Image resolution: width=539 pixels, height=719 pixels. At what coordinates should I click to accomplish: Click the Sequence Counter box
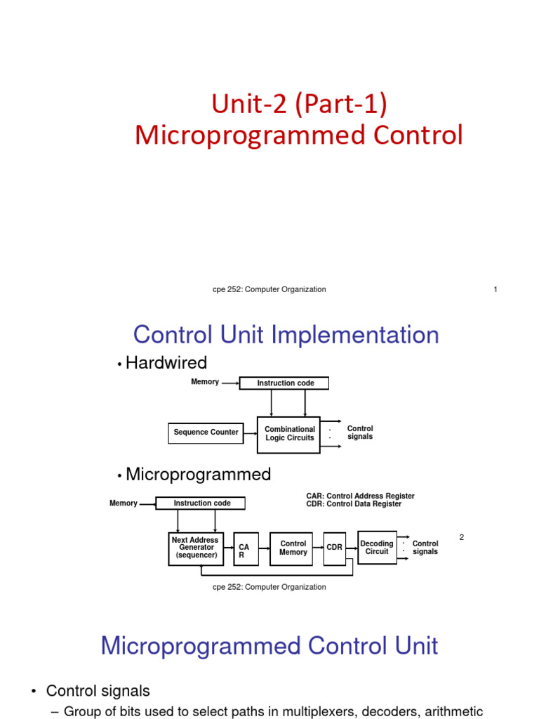click(206, 433)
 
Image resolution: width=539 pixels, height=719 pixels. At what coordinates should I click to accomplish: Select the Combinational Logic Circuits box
click(289, 434)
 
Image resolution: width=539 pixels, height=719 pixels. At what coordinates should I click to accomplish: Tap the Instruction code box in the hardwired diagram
click(284, 383)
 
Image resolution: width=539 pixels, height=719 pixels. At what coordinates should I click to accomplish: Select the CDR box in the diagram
click(334, 548)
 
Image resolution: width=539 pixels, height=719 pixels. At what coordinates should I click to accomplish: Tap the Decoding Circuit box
click(377, 548)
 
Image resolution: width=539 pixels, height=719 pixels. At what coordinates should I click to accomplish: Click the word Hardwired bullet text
click(166, 363)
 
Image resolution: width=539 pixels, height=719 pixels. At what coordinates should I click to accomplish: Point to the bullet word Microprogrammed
click(198, 475)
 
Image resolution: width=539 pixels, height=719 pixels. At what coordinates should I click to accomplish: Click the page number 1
click(495, 289)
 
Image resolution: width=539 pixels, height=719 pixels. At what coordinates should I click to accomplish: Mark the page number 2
click(462, 537)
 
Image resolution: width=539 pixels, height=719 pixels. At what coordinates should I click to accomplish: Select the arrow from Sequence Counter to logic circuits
click(251, 433)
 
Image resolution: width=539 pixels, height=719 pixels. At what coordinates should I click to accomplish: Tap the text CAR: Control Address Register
click(360, 496)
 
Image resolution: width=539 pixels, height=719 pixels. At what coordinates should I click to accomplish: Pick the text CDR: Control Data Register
click(354, 504)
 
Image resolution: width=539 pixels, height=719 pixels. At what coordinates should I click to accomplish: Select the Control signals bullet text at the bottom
click(98, 691)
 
